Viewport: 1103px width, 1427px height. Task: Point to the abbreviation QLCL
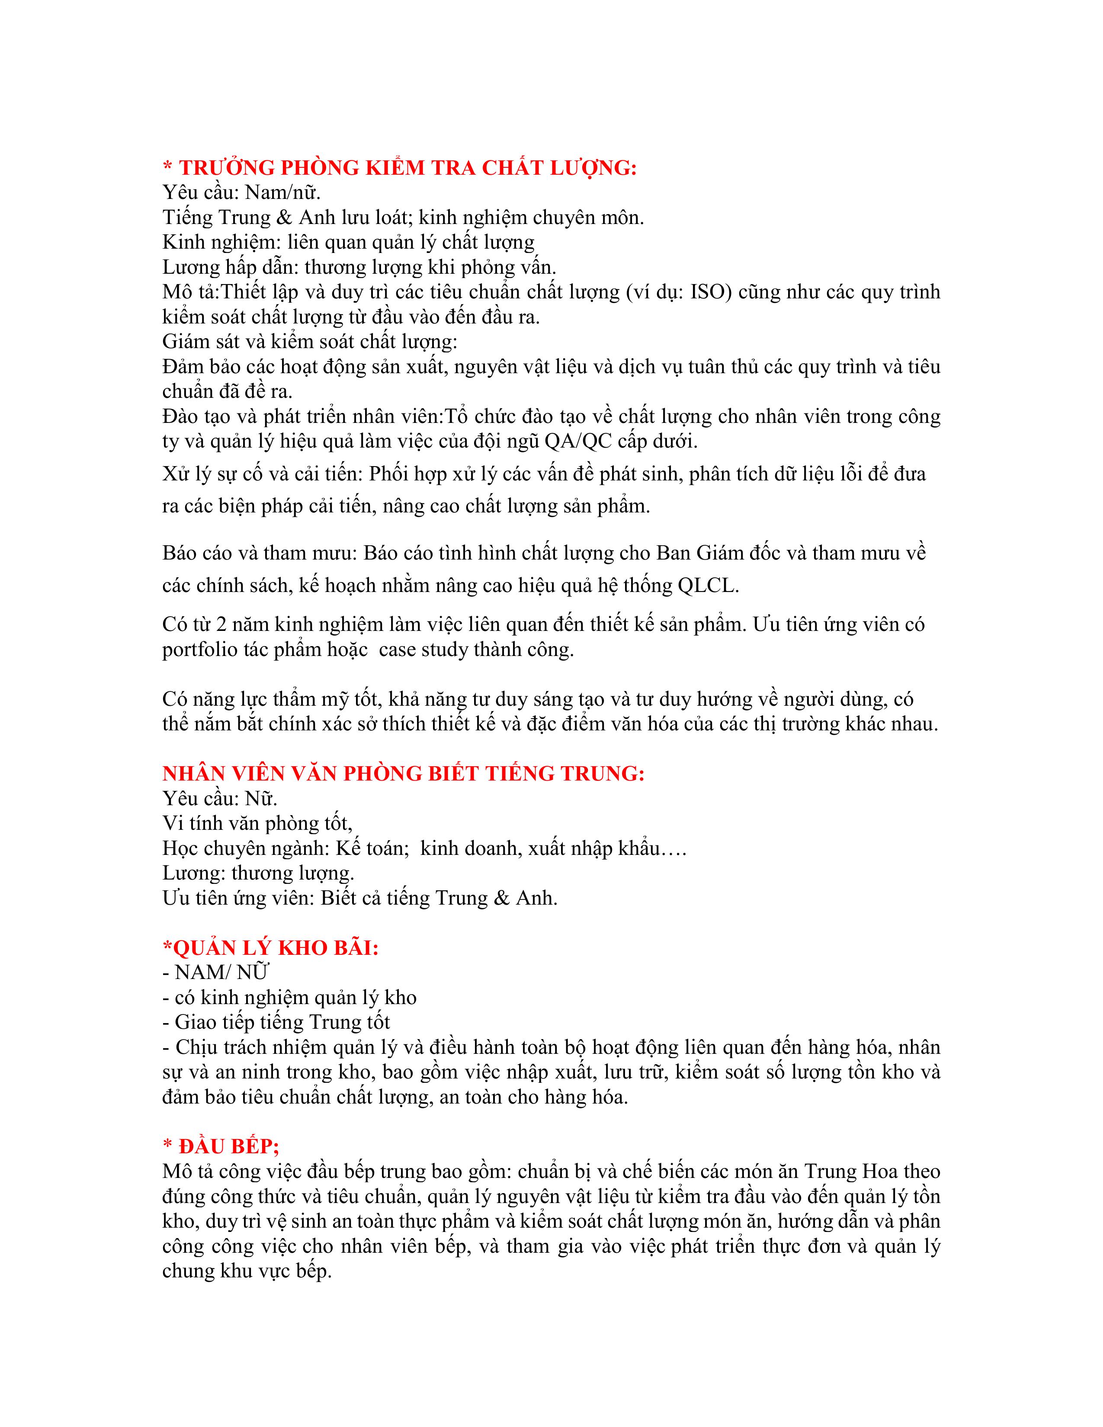click(x=708, y=586)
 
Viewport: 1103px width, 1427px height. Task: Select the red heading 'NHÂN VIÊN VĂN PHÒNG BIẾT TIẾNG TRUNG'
click(x=403, y=773)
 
